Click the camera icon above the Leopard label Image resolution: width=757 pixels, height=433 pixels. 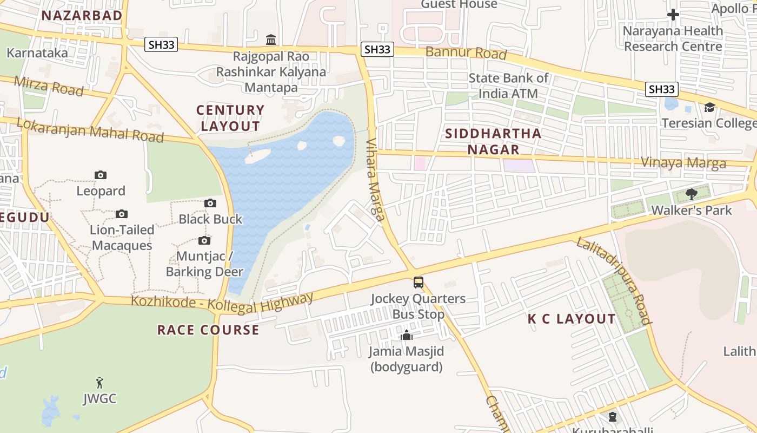tap(101, 175)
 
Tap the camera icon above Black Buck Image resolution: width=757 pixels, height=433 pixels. tap(210, 203)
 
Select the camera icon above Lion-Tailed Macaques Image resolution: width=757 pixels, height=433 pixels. tap(122, 214)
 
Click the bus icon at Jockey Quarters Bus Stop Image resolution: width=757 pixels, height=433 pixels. tap(418, 282)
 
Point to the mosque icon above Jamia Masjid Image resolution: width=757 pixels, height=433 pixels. tap(406, 336)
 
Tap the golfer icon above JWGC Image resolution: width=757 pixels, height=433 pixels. tap(99, 383)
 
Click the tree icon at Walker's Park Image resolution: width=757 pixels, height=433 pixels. tap(691, 194)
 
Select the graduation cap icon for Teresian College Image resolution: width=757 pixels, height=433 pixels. tap(709, 107)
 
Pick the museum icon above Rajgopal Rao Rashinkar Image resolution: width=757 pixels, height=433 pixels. tap(271, 40)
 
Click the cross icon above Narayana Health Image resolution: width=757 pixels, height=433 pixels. tap(673, 15)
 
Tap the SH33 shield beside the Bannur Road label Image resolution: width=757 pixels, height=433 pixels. tap(377, 49)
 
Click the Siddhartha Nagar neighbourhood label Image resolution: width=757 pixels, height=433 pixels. tap(493, 141)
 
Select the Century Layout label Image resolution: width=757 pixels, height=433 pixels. tap(230, 118)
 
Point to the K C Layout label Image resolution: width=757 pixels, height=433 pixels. tap(572, 319)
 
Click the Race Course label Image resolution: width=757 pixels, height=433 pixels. tap(208, 330)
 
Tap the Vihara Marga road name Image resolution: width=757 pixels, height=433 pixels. tap(375, 181)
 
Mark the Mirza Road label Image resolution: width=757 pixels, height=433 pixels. tap(49, 86)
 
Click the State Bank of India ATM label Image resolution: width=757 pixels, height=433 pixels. tap(508, 86)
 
